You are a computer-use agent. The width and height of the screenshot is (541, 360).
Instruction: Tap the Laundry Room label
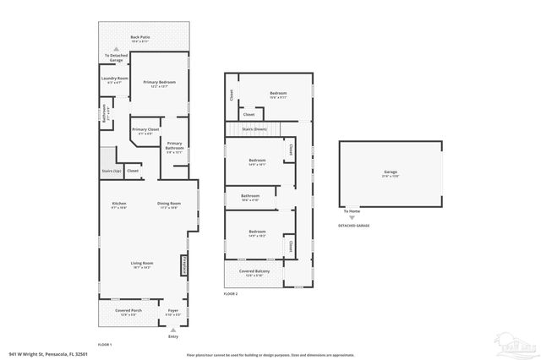click(113, 79)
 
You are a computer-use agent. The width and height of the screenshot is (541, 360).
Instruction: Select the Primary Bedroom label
click(160, 82)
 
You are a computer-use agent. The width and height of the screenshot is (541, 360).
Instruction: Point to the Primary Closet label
click(142, 129)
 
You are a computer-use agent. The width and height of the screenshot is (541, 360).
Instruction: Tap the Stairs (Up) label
click(110, 171)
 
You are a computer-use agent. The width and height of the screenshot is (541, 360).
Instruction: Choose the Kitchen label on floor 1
click(119, 203)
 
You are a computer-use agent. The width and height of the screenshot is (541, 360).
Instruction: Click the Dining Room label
click(169, 203)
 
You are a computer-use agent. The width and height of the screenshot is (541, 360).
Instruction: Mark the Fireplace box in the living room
click(183, 266)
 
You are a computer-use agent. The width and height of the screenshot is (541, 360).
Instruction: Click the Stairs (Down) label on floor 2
click(254, 128)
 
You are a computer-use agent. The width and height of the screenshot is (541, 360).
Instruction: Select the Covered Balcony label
click(254, 273)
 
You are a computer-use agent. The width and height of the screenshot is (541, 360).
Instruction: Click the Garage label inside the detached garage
click(390, 172)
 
